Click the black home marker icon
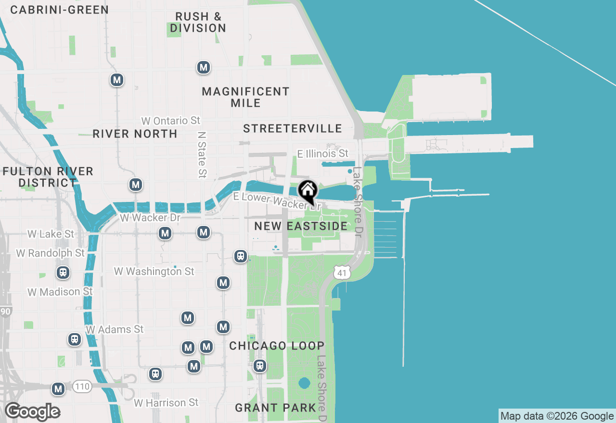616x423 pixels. [308, 191]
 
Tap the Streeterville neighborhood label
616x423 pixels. [293, 128]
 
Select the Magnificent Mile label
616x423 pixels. [245, 97]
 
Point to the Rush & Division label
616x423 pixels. [198, 23]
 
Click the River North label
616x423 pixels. [135, 134]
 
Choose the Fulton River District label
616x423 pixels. [48, 177]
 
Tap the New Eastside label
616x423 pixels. [301, 226]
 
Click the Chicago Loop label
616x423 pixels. [277, 346]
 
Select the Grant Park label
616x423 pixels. [276, 408]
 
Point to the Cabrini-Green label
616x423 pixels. [59, 10]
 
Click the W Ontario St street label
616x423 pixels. [171, 120]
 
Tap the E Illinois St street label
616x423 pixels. [322, 154]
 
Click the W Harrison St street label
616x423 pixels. [166, 402]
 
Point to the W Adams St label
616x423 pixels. [115, 330]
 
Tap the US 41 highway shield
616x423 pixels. [341, 273]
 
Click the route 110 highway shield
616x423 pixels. [82, 386]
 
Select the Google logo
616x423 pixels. [33, 412]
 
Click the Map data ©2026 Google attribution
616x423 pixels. [557, 416]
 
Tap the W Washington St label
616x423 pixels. [154, 272]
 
